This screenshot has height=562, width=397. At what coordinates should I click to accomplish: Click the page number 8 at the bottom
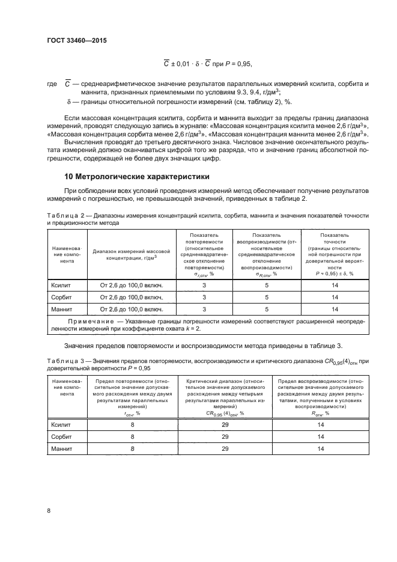pos(49,510)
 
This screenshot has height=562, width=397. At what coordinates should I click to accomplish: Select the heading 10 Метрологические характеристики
pos(137,177)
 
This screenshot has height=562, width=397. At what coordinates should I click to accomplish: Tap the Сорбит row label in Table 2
pos(62,297)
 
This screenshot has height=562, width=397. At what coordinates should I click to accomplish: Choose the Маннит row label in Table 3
pos(61,448)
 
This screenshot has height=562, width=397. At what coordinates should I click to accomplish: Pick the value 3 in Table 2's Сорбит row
pos(204,297)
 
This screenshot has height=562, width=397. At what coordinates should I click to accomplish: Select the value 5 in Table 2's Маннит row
pos(268,309)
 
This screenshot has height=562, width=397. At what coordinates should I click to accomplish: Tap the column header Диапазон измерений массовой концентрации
pos(132,255)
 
